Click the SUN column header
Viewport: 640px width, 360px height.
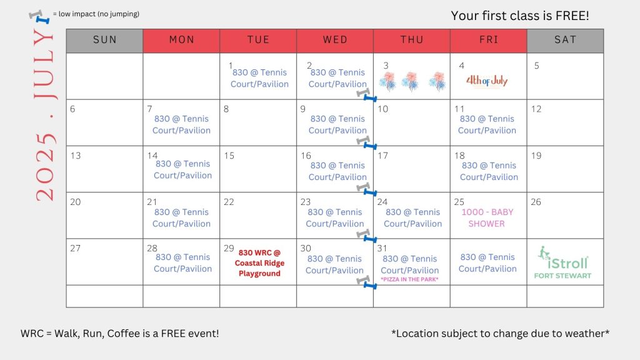point(104,41)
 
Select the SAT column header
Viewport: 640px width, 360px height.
point(565,41)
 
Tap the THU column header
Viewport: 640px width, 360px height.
point(412,41)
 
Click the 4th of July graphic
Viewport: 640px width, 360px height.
point(487,81)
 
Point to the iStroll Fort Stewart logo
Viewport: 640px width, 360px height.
point(563,262)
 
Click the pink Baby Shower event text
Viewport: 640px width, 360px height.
point(487,218)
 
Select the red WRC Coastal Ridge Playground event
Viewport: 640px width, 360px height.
point(259,263)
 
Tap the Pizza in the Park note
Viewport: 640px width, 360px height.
point(409,279)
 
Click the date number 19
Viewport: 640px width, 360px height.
point(536,156)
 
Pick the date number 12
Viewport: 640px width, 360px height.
point(536,109)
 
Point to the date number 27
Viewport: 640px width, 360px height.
point(75,248)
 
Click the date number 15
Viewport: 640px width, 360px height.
point(229,156)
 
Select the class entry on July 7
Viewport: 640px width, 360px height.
point(182,124)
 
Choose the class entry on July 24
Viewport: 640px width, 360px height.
point(412,218)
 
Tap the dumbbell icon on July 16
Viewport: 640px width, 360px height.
point(366,189)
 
